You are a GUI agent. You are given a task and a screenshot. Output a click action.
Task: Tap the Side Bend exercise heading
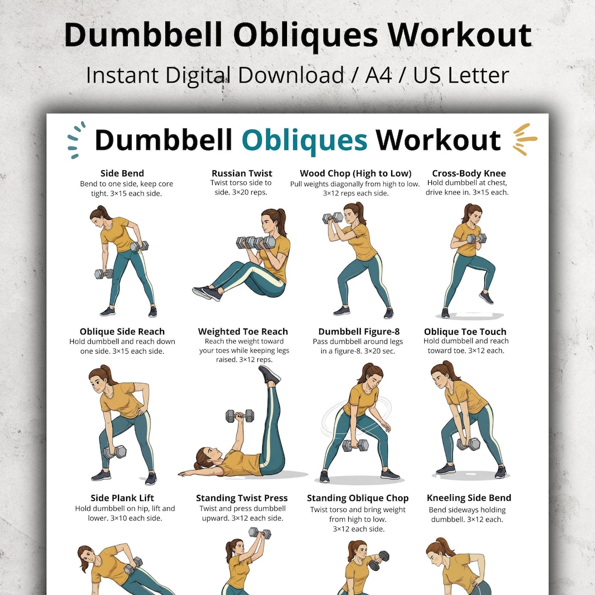point(122,174)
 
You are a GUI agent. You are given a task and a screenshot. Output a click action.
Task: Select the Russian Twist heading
point(242,174)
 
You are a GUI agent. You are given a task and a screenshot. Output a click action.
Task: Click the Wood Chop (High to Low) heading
point(355,174)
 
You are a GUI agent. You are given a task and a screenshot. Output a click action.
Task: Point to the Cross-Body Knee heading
point(469,174)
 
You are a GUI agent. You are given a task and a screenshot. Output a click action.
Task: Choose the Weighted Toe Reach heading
point(243,332)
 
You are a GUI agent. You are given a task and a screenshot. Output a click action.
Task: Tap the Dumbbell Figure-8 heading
point(359,332)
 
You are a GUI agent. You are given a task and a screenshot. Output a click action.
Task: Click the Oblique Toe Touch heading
point(465,332)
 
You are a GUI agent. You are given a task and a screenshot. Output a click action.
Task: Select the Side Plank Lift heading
point(122,498)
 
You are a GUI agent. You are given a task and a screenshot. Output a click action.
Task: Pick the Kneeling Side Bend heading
point(469,498)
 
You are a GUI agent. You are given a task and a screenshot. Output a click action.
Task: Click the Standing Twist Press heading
point(242,498)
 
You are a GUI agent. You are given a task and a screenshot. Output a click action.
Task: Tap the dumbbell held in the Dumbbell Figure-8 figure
point(355,445)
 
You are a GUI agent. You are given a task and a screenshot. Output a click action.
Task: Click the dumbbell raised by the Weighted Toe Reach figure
point(240,416)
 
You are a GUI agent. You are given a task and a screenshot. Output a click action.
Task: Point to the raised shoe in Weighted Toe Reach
point(269,374)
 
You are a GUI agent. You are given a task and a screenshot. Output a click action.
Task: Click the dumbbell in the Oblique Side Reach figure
point(115,452)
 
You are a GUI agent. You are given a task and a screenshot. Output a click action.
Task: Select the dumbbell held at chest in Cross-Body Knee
point(476,239)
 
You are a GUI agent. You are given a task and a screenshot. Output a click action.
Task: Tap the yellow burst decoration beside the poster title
point(525,139)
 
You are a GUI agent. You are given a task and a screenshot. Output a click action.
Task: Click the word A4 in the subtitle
point(378,75)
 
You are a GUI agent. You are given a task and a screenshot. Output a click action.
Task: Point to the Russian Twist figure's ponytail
point(281,221)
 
